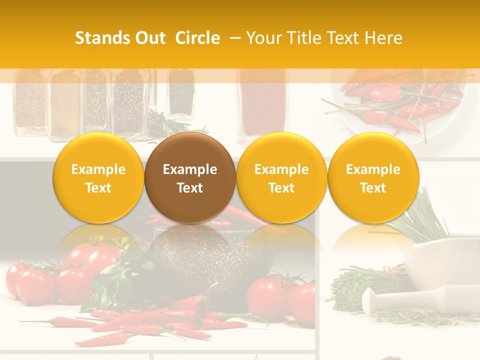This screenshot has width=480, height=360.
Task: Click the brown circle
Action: tap(190, 178)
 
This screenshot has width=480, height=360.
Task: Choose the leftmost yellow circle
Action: tap(98, 178)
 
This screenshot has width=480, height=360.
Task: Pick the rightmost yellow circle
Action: tap(373, 178)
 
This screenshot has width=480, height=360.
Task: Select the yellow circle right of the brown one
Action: tap(281, 178)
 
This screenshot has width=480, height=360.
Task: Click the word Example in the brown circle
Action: tap(190, 169)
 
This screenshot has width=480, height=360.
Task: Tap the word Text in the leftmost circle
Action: tap(98, 188)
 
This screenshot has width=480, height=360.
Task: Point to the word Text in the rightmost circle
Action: tap(373, 188)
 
